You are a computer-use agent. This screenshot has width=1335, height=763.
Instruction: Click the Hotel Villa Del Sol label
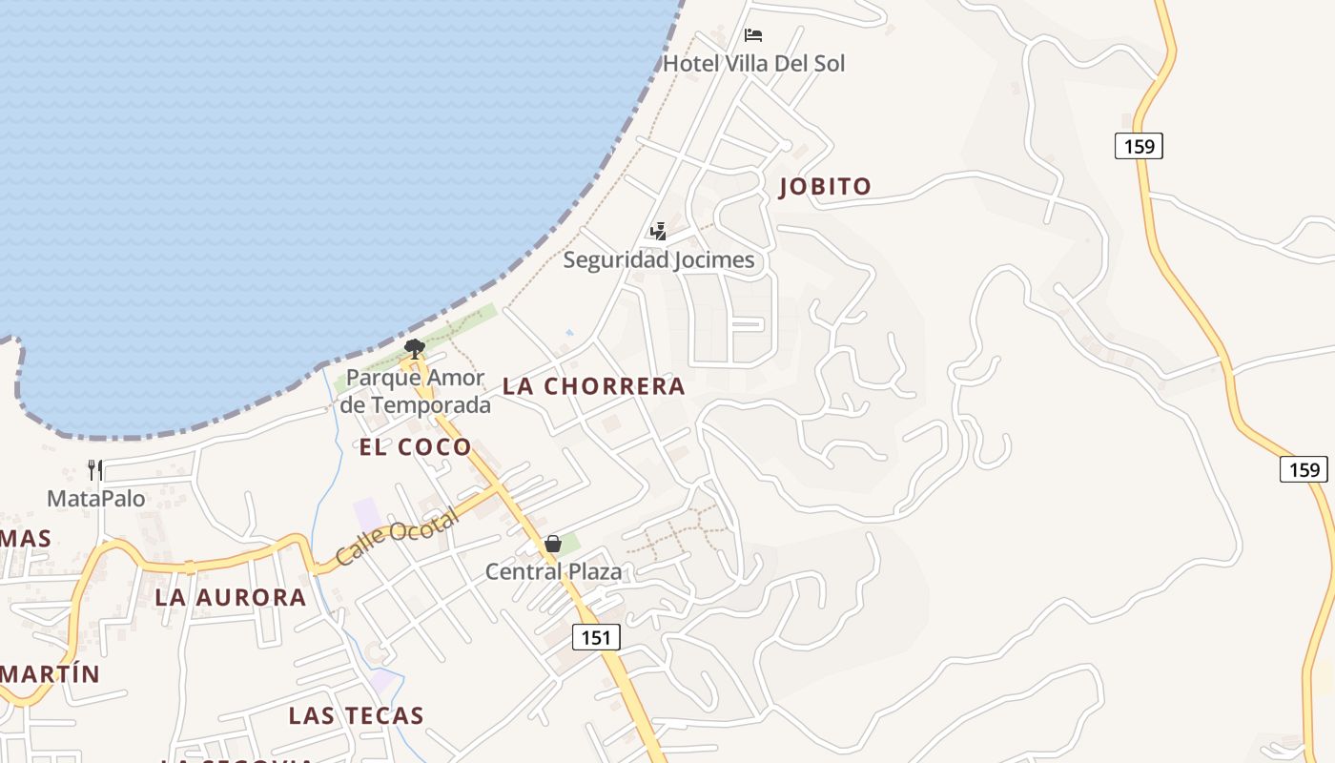pos(753,64)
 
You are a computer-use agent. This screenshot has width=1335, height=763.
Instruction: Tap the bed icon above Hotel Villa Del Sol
pos(753,36)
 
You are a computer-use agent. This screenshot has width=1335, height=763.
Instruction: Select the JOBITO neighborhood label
pos(825,187)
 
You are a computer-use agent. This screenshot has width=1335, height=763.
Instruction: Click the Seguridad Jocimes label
pos(658,259)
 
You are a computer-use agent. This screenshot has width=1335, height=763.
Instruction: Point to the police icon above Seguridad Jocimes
pos(658,231)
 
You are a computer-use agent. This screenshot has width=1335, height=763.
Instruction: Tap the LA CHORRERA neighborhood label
pos(593,386)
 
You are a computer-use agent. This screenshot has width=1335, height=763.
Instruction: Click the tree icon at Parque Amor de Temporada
pos(414,348)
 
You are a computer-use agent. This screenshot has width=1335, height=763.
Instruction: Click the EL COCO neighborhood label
pos(415,447)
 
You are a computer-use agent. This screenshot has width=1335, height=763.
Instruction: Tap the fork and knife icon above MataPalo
pos(95,469)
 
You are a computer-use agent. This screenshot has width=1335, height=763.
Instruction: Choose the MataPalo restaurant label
pos(95,498)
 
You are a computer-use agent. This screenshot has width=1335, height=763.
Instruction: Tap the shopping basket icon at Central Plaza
pos(552,544)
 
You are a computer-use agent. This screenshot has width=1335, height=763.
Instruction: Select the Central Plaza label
pos(553,572)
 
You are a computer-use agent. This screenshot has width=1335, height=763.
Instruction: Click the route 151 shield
pos(596,637)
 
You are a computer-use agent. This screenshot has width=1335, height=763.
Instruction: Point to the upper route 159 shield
pos(1139,146)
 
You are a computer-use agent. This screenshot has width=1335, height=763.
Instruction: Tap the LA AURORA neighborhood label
pos(231,598)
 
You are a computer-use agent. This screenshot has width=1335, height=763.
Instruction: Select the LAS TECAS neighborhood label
pos(356,715)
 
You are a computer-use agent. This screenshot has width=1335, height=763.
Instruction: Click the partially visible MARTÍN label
pos(50,674)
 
